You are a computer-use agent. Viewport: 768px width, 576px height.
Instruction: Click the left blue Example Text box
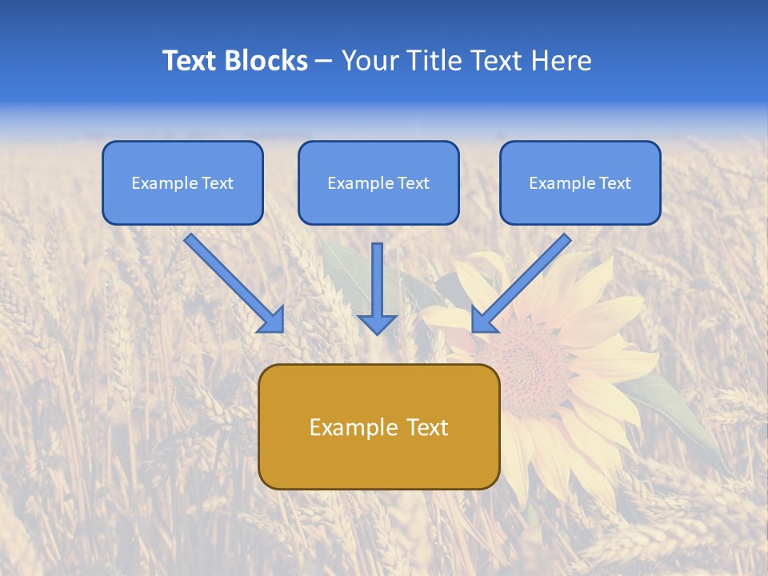[182, 182]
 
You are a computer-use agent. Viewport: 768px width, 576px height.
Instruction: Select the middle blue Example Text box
[378, 182]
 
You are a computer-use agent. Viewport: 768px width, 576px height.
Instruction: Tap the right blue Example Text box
[580, 182]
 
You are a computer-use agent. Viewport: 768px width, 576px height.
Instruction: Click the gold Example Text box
[378, 426]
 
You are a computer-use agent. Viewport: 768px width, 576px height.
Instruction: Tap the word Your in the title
[369, 61]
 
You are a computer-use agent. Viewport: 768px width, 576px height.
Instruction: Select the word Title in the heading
[434, 61]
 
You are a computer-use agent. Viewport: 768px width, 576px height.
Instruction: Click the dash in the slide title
[324, 61]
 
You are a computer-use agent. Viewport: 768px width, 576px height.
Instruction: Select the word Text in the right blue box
[614, 182]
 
